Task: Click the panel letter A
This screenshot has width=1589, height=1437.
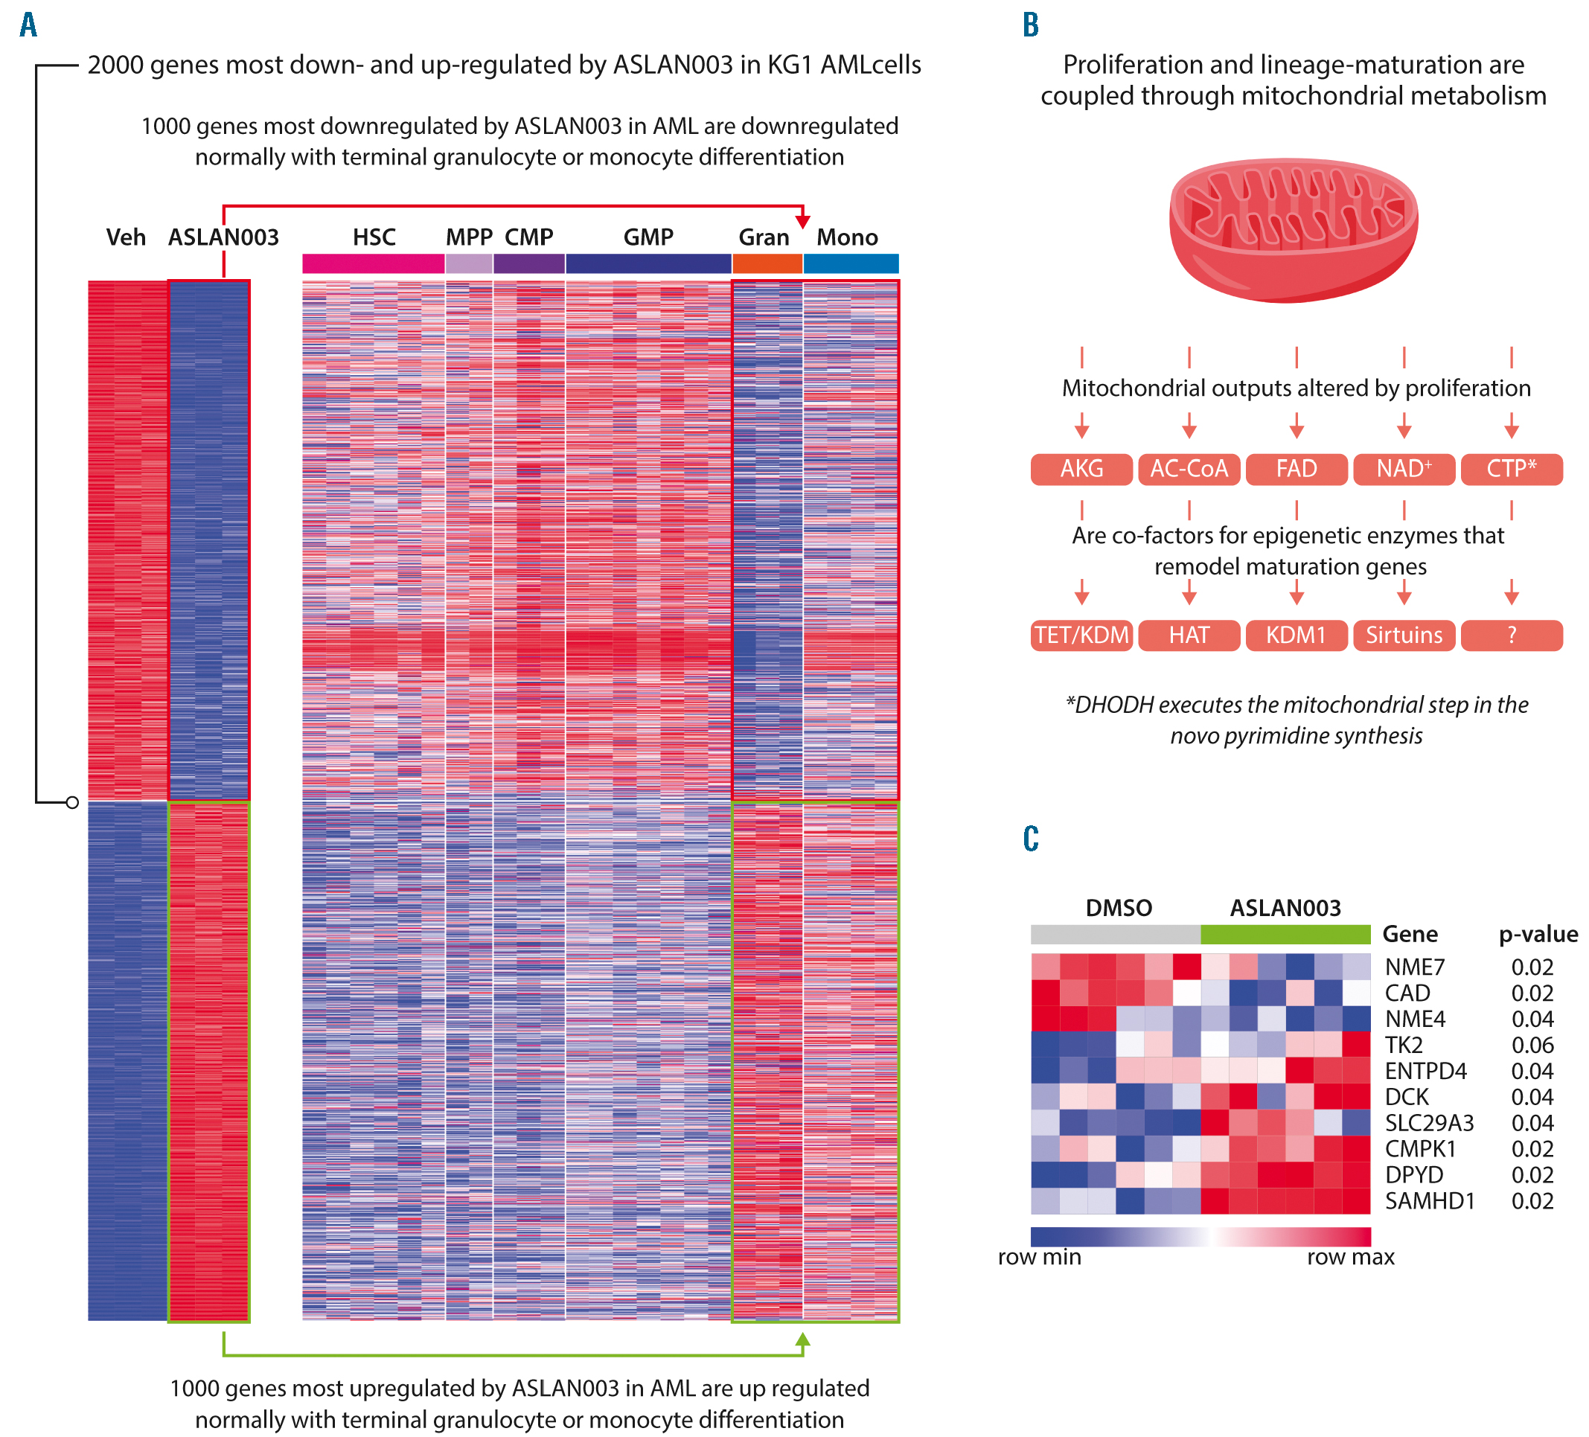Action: click(x=28, y=25)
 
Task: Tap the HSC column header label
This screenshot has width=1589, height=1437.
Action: click(x=374, y=237)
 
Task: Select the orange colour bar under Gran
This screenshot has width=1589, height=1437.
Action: click(x=767, y=263)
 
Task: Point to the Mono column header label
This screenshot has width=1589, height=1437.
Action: click(x=846, y=237)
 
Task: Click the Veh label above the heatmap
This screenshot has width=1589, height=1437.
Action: click(x=126, y=237)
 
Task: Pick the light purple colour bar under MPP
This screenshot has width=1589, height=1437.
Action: click(x=469, y=263)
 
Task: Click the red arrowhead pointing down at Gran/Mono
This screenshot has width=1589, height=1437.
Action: click(x=802, y=221)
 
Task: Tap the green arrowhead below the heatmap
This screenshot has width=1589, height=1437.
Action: click(x=802, y=1340)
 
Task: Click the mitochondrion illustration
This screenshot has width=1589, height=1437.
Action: click(x=1294, y=228)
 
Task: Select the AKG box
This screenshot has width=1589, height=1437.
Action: click(x=1081, y=469)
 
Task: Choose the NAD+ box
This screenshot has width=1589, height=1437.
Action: click(x=1404, y=469)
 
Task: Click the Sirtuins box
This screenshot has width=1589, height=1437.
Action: click(x=1404, y=636)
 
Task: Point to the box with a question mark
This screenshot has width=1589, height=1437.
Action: click(x=1511, y=636)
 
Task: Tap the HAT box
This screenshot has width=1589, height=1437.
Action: click(x=1189, y=636)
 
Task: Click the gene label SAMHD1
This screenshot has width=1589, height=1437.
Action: click(x=1429, y=1200)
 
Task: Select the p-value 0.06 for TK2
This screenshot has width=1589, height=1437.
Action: click(x=1532, y=1046)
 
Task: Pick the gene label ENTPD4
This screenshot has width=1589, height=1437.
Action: click(x=1425, y=1072)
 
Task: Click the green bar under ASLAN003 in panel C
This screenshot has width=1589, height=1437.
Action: click(x=1285, y=934)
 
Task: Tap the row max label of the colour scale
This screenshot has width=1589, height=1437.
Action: click(x=1350, y=1257)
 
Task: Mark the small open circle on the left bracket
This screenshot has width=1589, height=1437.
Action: click(x=72, y=802)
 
